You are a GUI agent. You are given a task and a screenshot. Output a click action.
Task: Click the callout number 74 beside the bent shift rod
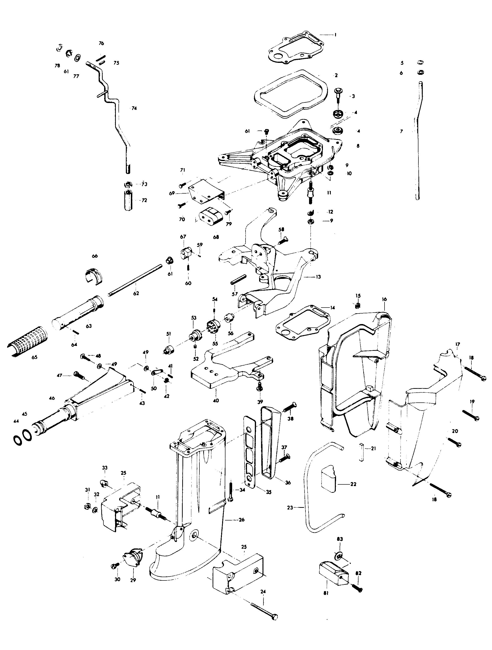coord(134,108)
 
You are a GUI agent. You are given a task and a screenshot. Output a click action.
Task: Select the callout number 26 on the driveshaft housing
coord(241,520)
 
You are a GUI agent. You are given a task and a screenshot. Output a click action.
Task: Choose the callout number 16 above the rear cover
coord(384,299)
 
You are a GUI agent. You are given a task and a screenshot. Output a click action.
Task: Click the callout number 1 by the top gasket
coord(335,35)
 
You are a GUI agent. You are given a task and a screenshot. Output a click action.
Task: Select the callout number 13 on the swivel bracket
coord(318,276)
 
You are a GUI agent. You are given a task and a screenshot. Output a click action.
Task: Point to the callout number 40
coord(216,400)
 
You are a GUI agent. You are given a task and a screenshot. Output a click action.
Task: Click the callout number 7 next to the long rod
coord(401,131)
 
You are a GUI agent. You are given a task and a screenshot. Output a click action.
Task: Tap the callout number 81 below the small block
coord(326,593)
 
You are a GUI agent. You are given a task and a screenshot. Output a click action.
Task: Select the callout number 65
coord(34,357)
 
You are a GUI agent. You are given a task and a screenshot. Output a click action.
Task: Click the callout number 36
coord(288,482)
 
